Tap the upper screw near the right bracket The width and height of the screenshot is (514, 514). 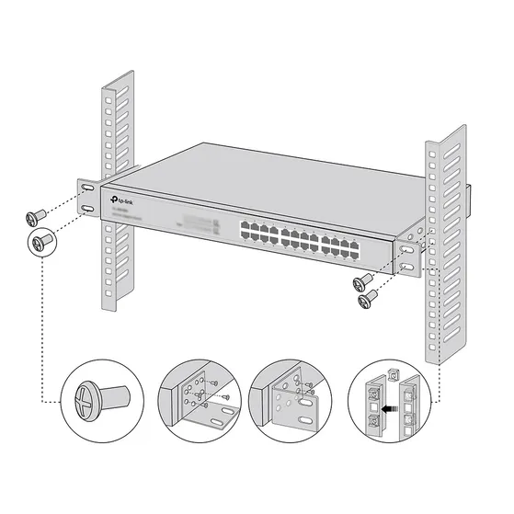coord(363,280)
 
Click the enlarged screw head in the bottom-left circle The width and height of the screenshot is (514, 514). coord(83,401)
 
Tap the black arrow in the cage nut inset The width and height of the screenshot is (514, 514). coord(393,401)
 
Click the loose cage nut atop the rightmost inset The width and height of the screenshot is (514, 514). coord(394,373)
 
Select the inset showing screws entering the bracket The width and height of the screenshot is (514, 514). coord(196,402)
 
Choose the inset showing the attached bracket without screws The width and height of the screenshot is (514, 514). coord(294,402)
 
